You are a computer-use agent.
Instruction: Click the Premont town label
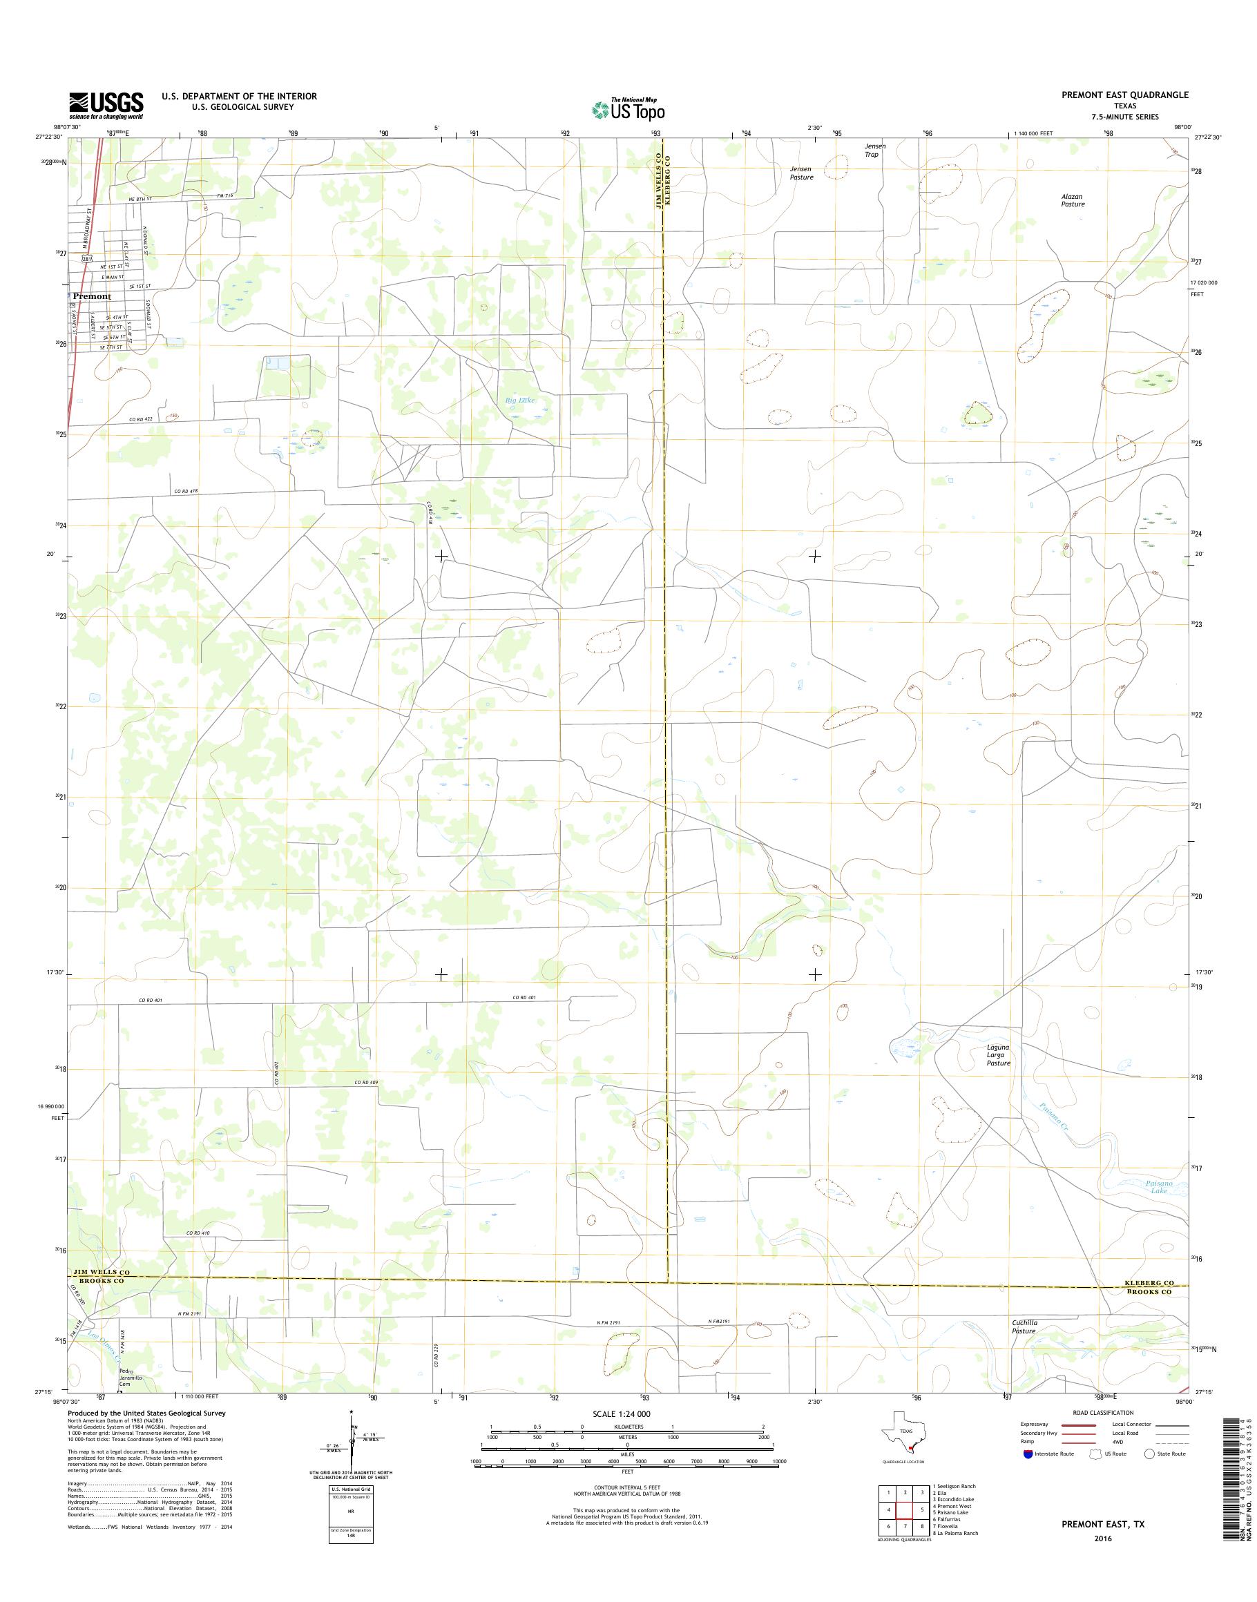point(92,296)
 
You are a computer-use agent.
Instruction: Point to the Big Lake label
point(519,400)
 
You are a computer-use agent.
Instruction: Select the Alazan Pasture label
point(1073,200)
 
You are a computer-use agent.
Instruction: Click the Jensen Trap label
point(874,150)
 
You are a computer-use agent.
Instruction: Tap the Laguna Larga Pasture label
point(999,1054)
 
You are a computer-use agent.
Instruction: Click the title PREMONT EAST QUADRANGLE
point(1124,95)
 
